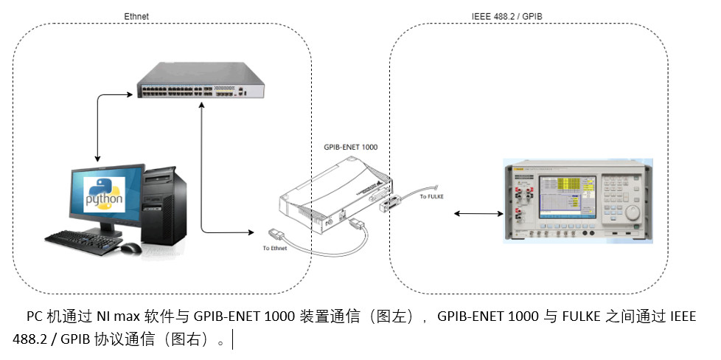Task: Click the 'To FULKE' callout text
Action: pyautogui.click(x=432, y=195)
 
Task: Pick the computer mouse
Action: pyautogui.click(x=130, y=248)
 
